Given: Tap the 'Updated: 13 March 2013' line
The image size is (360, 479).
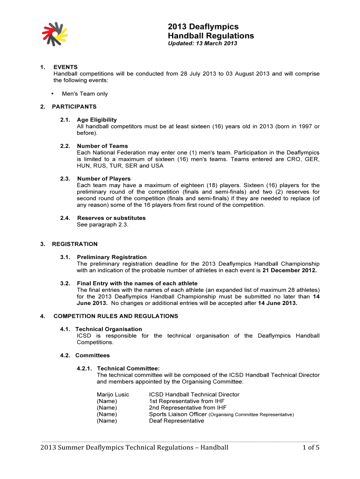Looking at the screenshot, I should [202, 44].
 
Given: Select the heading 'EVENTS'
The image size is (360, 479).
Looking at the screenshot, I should [65, 67].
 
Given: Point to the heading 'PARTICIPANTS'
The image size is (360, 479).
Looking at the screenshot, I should [74, 107].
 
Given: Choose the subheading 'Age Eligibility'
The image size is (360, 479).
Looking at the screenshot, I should [97, 120].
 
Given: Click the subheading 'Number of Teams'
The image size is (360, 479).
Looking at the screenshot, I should [102, 146].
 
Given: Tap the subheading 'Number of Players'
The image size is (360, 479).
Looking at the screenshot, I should [104, 179].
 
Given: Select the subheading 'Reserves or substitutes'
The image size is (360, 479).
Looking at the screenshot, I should [111, 218].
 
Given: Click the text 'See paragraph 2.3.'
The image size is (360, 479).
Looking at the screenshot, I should [102, 225].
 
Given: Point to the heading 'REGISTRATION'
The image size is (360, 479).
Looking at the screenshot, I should [75, 244].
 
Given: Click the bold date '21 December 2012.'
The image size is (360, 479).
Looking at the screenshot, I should [289, 270].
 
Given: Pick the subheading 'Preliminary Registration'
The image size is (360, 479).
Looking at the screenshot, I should [112, 257].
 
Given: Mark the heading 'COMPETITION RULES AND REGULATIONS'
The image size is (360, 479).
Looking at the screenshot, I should [115, 316].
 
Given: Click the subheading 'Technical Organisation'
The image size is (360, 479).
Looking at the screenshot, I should [108, 329].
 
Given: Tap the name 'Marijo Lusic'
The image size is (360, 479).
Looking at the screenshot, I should [113, 395].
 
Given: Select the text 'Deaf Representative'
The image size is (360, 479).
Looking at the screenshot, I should [176, 421].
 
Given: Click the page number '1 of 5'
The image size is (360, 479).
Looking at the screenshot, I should [307, 448].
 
